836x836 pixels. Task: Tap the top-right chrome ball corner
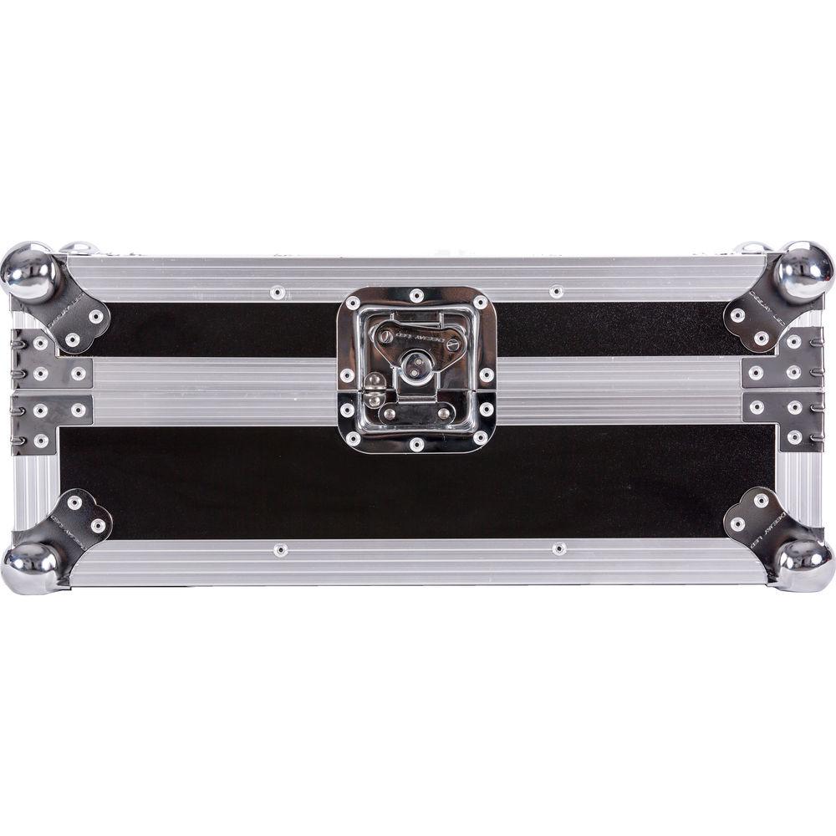coord(803,273)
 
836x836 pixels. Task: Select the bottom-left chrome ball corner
coord(33,566)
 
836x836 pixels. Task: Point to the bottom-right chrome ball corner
coord(803,564)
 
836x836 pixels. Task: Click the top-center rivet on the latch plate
coord(416,295)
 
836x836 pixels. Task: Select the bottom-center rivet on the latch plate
coord(416,444)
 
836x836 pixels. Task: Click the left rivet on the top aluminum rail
coord(278,293)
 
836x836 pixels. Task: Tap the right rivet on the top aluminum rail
coord(556,292)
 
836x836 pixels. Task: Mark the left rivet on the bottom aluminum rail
coord(280,550)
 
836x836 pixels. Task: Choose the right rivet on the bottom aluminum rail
coord(558,549)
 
